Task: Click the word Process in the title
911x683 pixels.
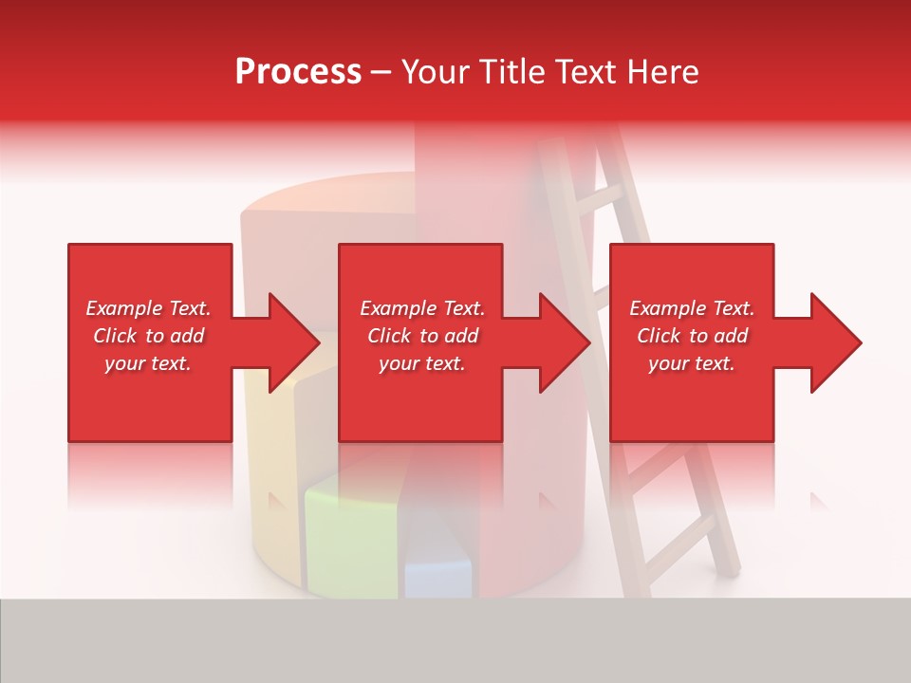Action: [298, 72]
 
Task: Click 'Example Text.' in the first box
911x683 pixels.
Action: [149, 308]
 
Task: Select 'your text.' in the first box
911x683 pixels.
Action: [149, 363]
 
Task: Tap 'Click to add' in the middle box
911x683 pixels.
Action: [422, 336]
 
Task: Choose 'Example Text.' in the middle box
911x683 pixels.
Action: [422, 308]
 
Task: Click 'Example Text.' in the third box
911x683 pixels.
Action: [692, 308]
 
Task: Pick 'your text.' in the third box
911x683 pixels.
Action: [692, 363]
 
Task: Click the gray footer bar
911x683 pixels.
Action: [455, 640]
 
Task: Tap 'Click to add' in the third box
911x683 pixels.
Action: [692, 336]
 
